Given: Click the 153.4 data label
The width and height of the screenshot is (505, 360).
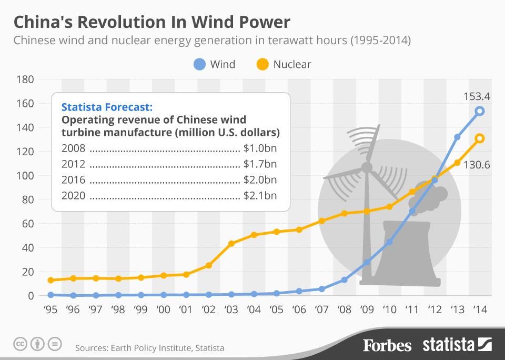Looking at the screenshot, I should [x=477, y=96].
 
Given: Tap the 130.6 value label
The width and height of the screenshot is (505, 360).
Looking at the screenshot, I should [x=477, y=165].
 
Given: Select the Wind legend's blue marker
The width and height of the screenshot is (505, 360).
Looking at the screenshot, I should [x=199, y=64].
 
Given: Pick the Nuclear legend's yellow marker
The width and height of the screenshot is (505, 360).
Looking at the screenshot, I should [x=262, y=64].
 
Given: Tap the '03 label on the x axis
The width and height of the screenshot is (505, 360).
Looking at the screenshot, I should [x=231, y=309].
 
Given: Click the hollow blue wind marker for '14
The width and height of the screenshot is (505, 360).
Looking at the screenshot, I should [x=479, y=111].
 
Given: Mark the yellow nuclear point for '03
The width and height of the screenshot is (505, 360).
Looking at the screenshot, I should [x=231, y=243].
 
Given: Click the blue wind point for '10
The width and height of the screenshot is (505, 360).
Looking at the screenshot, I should [x=389, y=242].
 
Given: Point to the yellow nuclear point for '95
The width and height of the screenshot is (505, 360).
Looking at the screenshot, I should [x=50, y=280].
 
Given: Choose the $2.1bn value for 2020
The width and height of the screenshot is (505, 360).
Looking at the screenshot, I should [x=260, y=196].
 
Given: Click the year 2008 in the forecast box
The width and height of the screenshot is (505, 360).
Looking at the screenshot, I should [x=73, y=148].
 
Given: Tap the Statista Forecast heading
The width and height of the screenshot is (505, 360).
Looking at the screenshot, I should [x=107, y=107].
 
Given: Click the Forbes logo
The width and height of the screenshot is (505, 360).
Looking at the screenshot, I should [x=387, y=345].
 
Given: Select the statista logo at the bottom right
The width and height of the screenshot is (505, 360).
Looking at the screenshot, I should [x=457, y=345].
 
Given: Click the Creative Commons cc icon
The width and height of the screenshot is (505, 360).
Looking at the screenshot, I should [x=20, y=344].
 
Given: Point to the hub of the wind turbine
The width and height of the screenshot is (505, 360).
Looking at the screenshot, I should [x=367, y=168].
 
